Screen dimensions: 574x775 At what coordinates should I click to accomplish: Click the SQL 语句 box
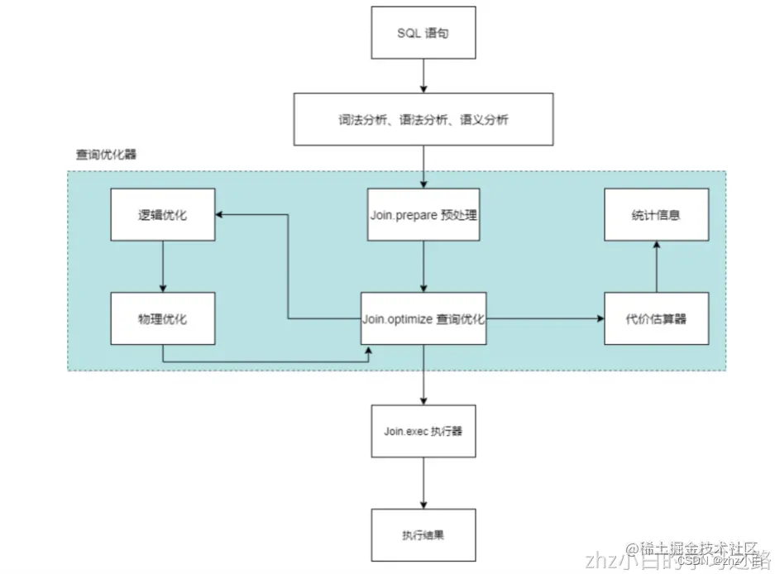pyautogui.click(x=423, y=32)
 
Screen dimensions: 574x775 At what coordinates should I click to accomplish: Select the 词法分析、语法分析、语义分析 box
pyautogui.click(x=423, y=120)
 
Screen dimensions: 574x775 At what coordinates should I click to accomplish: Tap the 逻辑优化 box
pyautogui.click(x=163, y=215)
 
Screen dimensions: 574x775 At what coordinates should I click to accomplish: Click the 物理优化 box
pyautogui.click(x=163, y=318)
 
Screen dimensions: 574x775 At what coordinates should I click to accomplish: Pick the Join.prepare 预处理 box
pyautogui.click(x=423, y=215)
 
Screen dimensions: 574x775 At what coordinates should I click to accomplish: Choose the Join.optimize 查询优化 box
pyautogui.click(x=423, y=318)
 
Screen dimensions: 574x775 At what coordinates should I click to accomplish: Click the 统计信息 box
pyautogui.click(x=656, y=215)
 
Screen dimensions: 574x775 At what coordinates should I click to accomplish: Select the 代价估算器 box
pyautogui.click(x=656, y=318)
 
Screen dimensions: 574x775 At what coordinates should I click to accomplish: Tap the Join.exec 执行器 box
pyautogui.click(x=423, y=431)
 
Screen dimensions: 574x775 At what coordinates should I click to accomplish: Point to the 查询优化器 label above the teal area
pyautogui.click(x=106, y=155)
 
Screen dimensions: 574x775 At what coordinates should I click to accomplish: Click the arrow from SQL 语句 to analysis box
pyautogui.click(x=423, y=76)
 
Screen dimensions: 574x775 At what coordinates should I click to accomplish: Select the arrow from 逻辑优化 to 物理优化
pyautogui.click(x=163, y=266)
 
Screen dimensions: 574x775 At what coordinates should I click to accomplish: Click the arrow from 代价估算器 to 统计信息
pyautogui.click(x=656, y=266)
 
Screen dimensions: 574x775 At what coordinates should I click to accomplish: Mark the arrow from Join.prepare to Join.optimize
pyautogui.click(x=423, y=266)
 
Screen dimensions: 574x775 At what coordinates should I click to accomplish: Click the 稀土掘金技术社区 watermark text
pyautogui.click(x=693, y=548)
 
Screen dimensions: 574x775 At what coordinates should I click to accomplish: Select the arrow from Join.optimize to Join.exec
pyautogui.click(x=423, y=374)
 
